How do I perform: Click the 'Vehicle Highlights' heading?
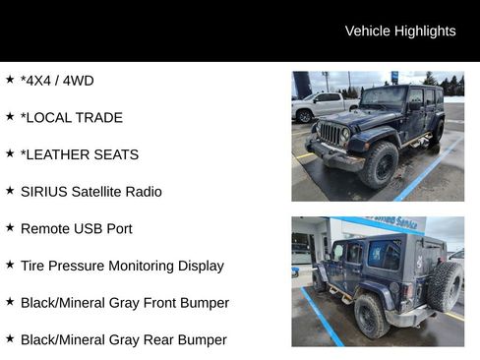tap(399, 31)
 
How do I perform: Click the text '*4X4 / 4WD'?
tap(57, 81)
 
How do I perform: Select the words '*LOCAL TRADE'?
tap(71, 118)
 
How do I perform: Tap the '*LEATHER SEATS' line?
tap(79, 154)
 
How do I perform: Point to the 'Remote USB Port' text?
tap(76, 228)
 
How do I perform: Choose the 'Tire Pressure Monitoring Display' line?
tap(121, 266)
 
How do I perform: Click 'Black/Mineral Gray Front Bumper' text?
tap(124, 303)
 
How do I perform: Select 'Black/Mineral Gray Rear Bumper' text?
tap(123, 339)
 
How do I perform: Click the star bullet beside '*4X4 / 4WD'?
tap(10, 80)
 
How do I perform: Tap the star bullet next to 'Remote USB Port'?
tap(10, 227)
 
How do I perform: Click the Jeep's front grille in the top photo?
tap(330, 133)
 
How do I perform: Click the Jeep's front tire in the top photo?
tap(380, 165)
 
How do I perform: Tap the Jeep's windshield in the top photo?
tap(383, 97)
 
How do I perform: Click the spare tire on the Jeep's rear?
tap(445, 286)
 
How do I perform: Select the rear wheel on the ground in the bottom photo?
tap(371, 315)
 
